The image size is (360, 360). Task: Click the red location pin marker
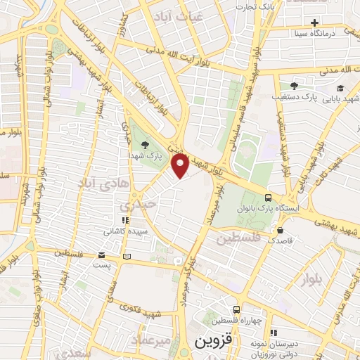pyautogui.click(x=181, y=165)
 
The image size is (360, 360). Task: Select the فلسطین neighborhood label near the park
pyautogui.click(x=237, y=239)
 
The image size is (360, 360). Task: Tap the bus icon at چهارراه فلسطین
pyautogui.click(x=236, y=309)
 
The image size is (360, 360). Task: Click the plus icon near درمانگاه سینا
pyautogui.click(x=314, y=22)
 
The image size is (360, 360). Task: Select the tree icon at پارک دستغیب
pyautogui.click(x=294, y=85)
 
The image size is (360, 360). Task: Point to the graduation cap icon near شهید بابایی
pyautogui.click(x=340, y=89)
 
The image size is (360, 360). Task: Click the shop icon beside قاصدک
pyautogui.click(x=280, y=230)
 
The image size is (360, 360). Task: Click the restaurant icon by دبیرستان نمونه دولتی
pyautogui.click(x=274, y=332)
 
